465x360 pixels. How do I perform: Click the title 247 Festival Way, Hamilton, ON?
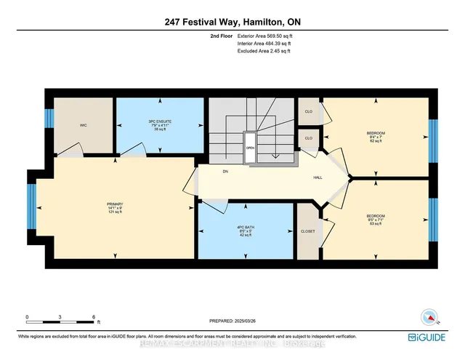pyautogui.click(x=232, y=21)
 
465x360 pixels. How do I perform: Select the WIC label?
pyautogui.click(x=84, y=124)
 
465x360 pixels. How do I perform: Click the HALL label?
pyautogui.click(x=318, y=176)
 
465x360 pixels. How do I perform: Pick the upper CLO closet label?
pyautogui.click(x=308, y=112)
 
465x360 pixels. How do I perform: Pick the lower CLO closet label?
pyautogui.click(x=308, y=137)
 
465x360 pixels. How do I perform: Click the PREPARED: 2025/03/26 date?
pyautogui.click(x=233, y=320)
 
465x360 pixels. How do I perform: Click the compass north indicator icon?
pyautogui.click(x=429, y=317)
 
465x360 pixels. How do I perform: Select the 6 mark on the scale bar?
pyautogui.click(x=94, y=316)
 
